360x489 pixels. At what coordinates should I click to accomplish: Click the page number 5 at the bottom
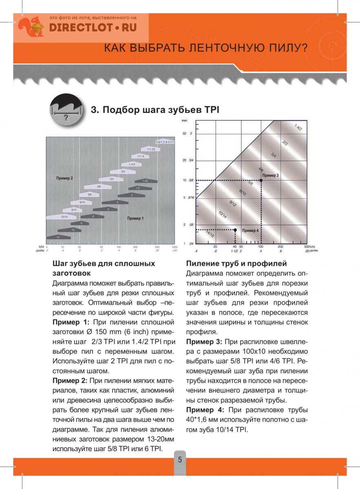click(x=179, y=460)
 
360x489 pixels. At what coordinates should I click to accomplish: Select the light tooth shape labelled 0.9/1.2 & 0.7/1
click(x=164, y=141)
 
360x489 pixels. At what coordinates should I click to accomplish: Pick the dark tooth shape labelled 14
click(x=58, y=237)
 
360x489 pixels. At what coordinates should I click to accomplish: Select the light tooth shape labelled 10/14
click(x=64, y=217)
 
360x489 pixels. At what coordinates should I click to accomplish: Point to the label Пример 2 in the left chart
click(x=65, y=178)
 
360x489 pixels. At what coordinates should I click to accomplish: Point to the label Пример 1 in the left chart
click(x=135, y=218)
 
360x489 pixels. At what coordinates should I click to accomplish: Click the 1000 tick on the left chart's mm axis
click(x=174, y=247)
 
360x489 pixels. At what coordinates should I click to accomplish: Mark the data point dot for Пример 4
click(x=235, y=230)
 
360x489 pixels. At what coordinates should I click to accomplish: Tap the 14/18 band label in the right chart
click(x=210, y=234)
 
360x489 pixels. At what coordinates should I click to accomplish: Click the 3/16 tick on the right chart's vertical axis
click(x=190, y=198)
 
